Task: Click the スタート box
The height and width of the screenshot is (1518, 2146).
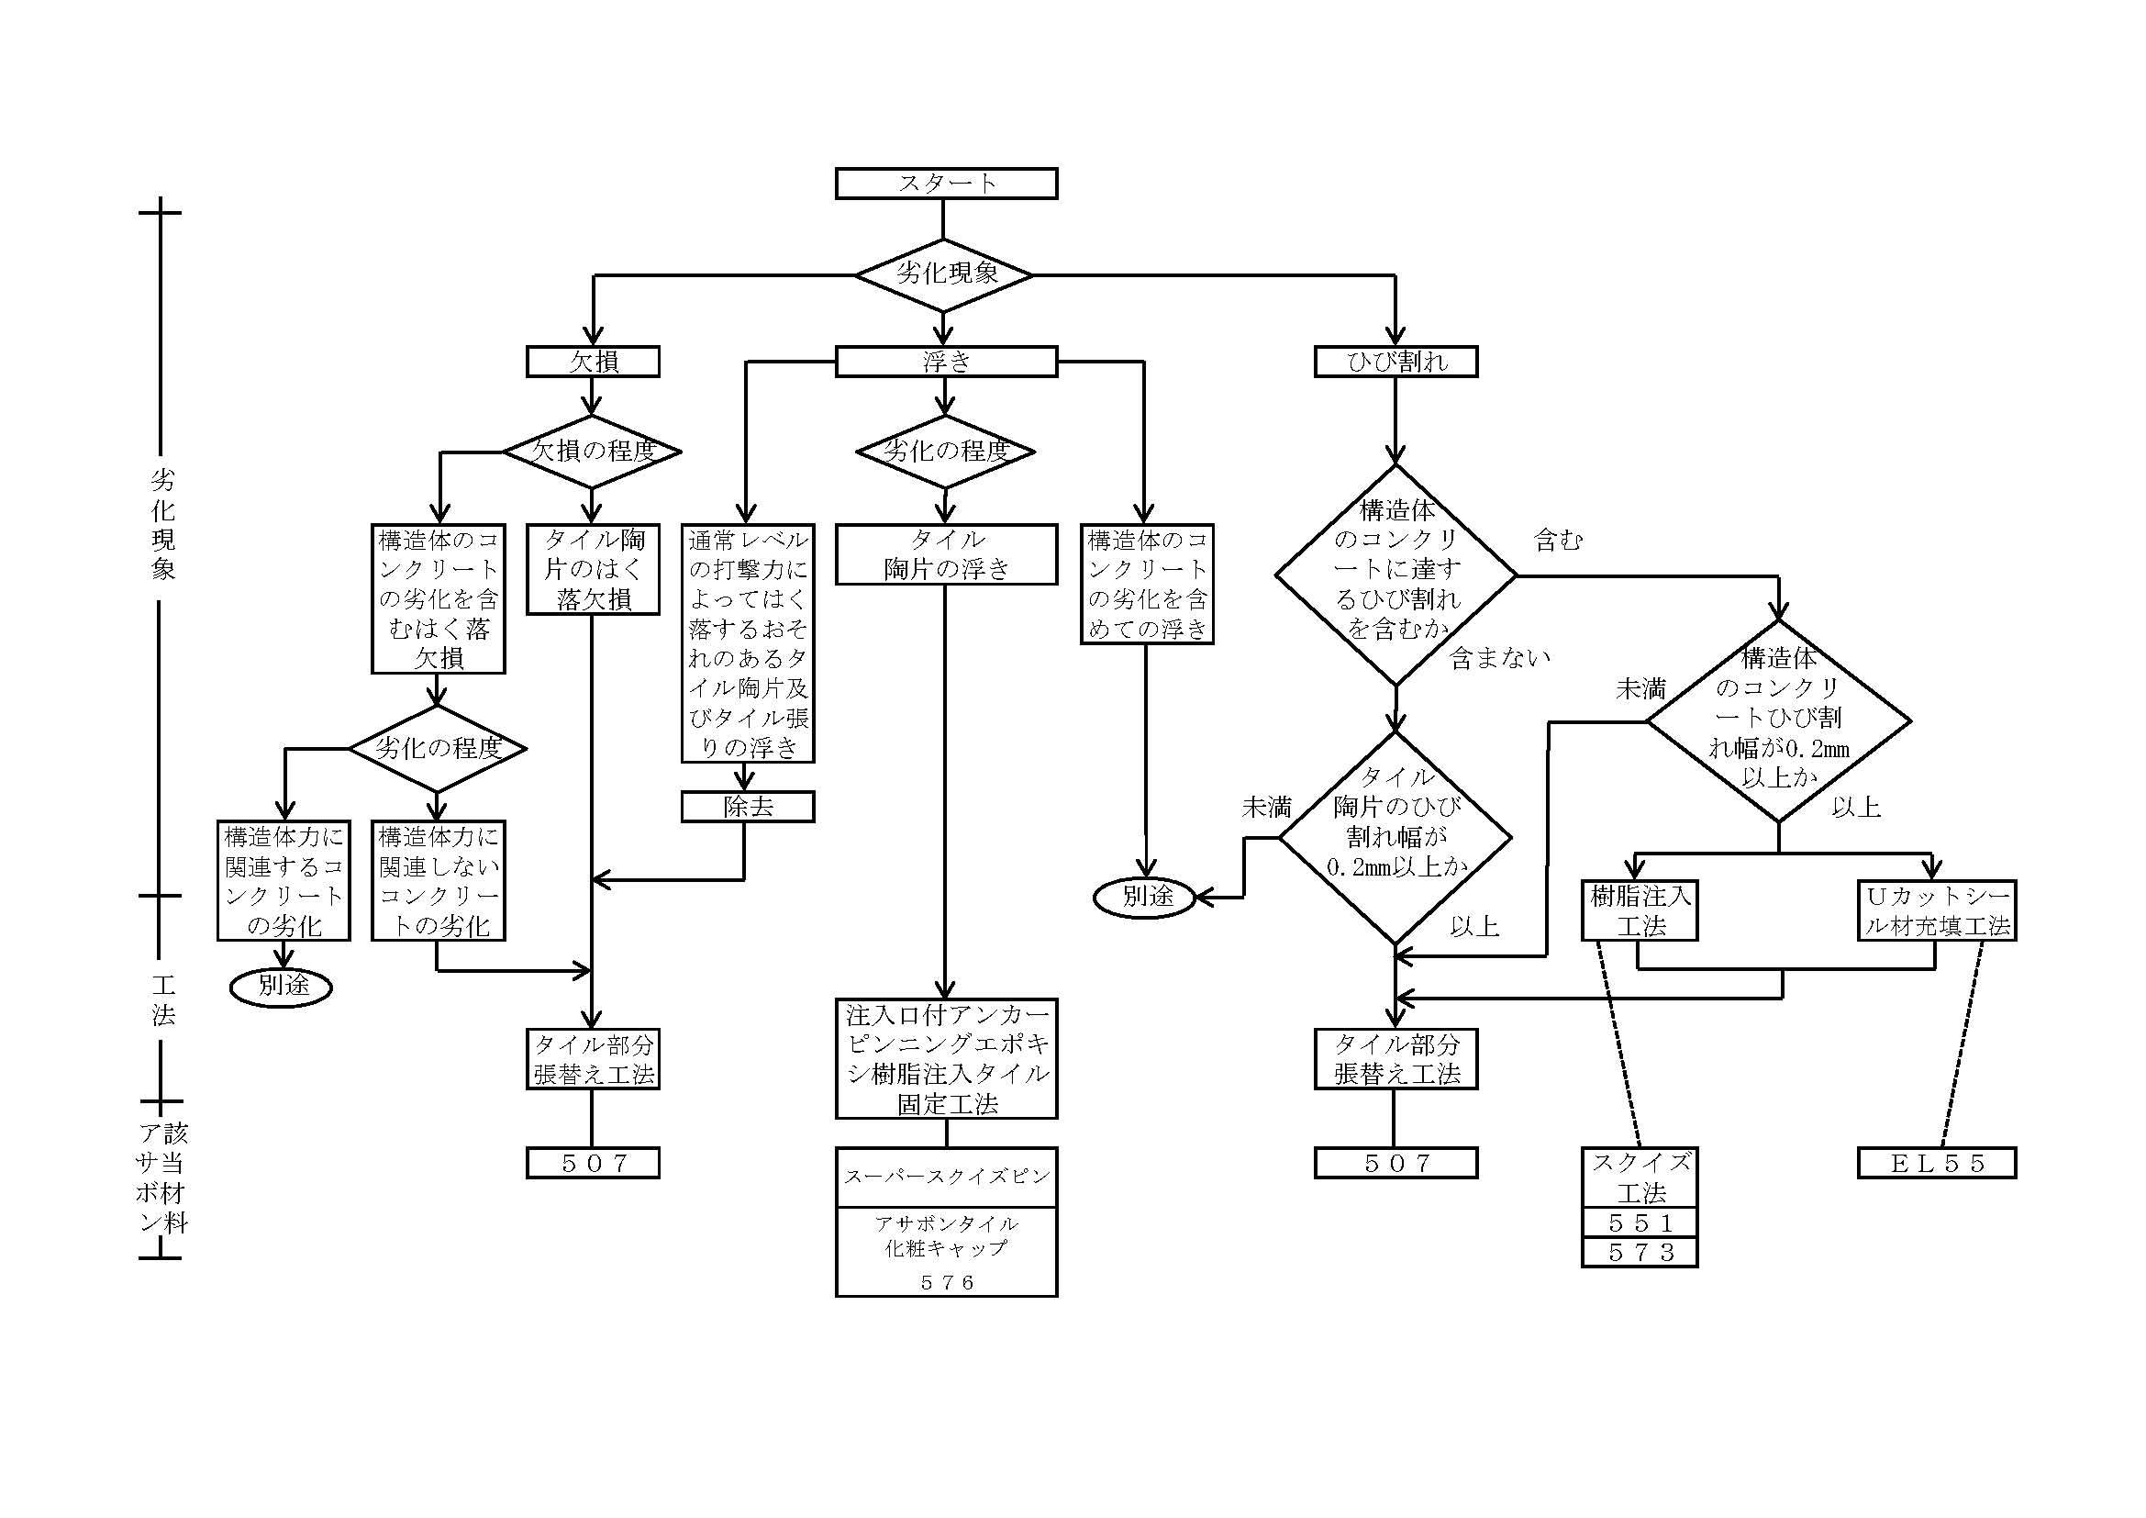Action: (946, 184)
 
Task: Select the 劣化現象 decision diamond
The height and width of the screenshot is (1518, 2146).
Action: (944, 274)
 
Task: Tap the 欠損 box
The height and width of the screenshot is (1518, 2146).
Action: (593, 362)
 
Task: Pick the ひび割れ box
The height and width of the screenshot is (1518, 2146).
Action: (1395, 362)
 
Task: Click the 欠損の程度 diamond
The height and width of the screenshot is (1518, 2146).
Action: (593, 452)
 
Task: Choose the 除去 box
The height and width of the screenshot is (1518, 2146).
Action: (748, 807)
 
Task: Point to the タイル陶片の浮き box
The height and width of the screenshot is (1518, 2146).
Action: (946, 554)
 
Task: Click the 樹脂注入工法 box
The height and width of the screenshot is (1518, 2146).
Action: (1640, 910)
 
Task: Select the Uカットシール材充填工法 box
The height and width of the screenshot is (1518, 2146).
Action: (1937, 910)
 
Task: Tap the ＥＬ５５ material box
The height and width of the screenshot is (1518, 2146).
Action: (1937, 1163)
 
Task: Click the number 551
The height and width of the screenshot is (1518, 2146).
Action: (1640, 1222)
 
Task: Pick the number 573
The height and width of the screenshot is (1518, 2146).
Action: (1640, 1253)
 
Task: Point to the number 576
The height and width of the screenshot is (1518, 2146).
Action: (946, 1282)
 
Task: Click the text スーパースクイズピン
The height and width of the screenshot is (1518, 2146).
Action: (946, 1177)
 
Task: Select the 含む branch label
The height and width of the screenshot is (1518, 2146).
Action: (1557, 541)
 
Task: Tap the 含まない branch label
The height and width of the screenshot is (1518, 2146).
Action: (1499, 659)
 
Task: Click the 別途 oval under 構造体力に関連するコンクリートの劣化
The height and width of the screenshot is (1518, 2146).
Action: (282, 986)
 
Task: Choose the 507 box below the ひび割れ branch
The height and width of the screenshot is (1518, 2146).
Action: (1395, 1163)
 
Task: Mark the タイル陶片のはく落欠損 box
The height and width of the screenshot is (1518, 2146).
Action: (593, 569)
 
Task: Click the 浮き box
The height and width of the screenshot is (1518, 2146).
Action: (946, 362)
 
